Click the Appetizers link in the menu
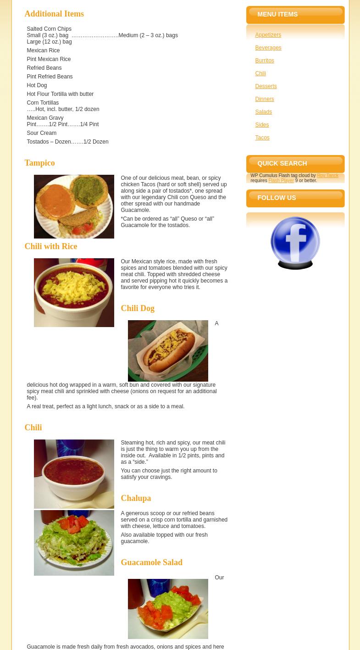(x=268, y=35)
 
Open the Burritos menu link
(x=265, y=61)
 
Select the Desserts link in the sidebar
(x=266, y=86)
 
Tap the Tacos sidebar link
(x=262, y=138)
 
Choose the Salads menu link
(x=263, y=112)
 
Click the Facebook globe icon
(x=295, y=243)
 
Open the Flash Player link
(x=281, y=180)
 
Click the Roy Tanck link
(x=327, y=175)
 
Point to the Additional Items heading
(x=54, y=14)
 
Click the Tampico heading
(x=40, y=163)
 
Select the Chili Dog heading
(x=138, y=308)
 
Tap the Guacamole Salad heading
(x=151, y=562)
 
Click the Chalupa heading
(x=136, y=498)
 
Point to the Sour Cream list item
(x=41, y=133)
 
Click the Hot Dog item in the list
(x=37, y=85)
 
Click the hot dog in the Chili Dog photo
(x=168, y=350)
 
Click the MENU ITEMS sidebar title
(x=277, y=14)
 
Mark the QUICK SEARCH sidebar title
(x=282, y=163)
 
